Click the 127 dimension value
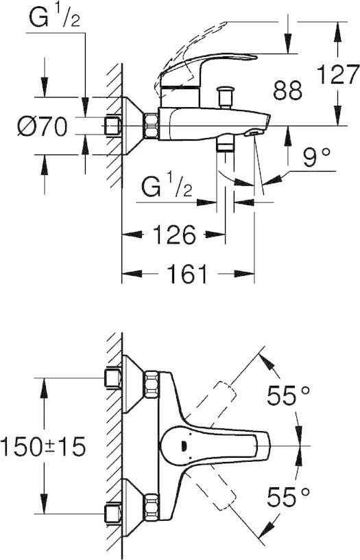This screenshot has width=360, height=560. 337,74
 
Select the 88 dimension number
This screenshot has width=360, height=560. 287,90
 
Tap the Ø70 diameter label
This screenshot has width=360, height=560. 43,126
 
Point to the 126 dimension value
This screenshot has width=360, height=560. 174,235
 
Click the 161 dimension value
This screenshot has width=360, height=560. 188,274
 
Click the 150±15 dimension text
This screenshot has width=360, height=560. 43,447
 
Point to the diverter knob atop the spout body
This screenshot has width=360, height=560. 225,97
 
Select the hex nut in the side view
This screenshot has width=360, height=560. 151,126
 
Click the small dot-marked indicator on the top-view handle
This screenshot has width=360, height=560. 184,445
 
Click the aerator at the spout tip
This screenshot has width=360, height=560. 254,132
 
